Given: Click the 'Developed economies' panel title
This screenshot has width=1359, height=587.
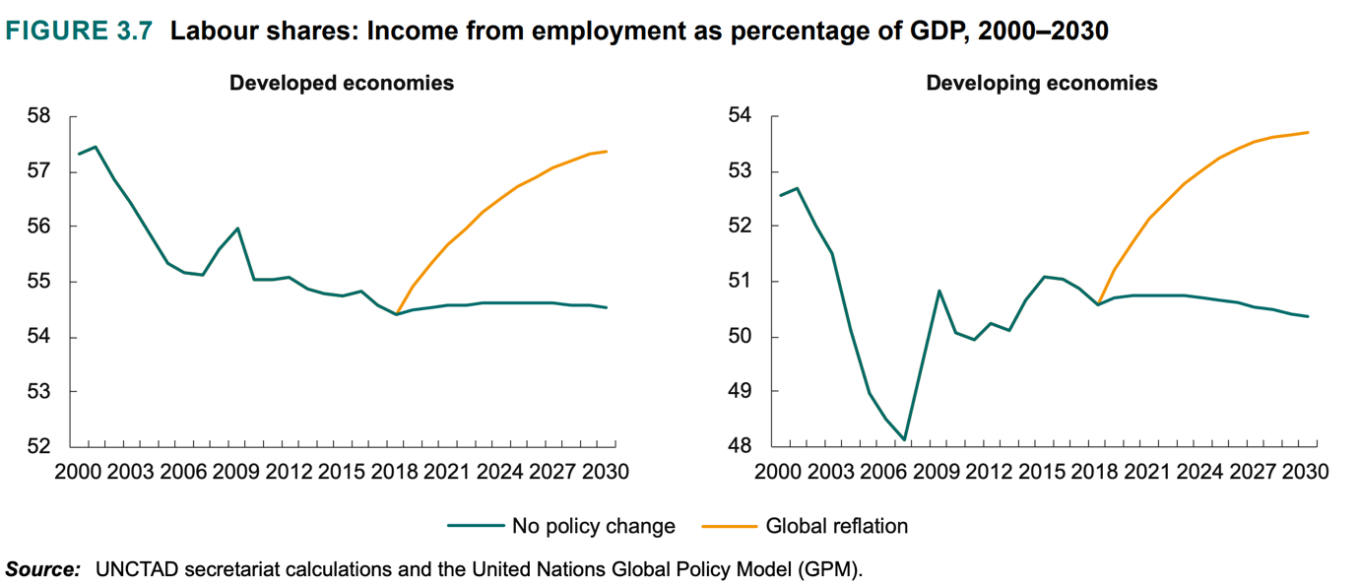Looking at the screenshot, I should click(341, 83).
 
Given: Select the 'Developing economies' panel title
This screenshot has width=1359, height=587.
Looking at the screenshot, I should click(1042, 83).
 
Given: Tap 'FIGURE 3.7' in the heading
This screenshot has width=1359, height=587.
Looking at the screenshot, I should click(80, 31).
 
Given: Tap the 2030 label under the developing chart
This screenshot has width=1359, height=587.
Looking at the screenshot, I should click(1309, 472).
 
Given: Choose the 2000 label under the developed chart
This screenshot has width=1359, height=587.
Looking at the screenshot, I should click(77, 472).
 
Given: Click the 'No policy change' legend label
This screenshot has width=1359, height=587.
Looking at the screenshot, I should click(593, 526).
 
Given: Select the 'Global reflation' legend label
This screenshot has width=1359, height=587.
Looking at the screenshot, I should click(836, 526).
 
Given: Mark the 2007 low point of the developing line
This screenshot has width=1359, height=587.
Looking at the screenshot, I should click(904, 440).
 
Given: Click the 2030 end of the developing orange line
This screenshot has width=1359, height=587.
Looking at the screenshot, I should click(1308, 132).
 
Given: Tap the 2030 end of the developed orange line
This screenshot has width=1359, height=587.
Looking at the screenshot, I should click(607, 152).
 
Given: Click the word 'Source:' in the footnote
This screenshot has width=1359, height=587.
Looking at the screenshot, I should click(42, 569).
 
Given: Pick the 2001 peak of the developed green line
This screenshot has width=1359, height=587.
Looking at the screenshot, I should click(96, 147).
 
